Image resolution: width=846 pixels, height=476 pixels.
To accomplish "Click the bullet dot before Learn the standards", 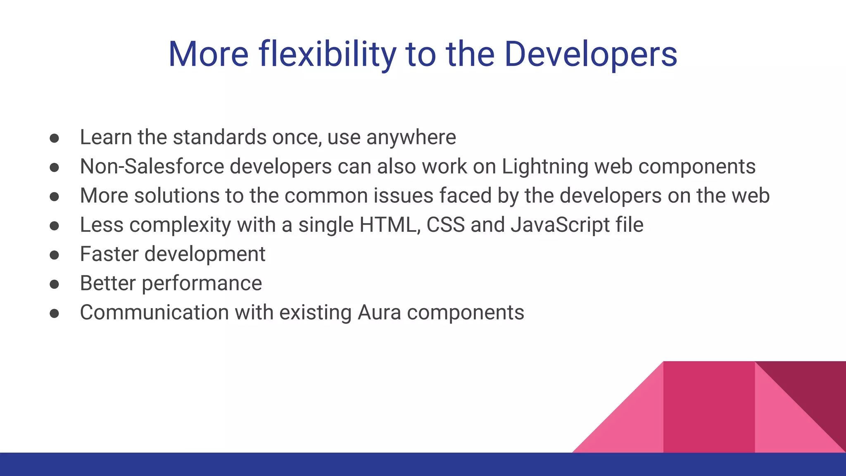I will pyautogui.click(x=54, y=138).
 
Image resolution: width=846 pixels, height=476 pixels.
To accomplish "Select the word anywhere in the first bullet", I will pyautogui.click(x=411, y=138).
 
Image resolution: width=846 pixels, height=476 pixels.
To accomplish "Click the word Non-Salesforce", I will pyautogui.click(x=152, y=167).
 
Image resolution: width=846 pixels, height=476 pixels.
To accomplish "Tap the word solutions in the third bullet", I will pyautogui.click(x=177, y=196).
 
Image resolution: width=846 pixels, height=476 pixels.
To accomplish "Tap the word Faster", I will pyautogui.click(x=109, y=254).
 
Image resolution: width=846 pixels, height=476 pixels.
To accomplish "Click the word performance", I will pyautogui.click(x=202, y=284).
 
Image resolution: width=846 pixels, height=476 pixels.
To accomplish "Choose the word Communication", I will pyautogui.click(x=154, y=312).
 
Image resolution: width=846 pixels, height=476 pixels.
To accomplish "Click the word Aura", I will pyautogui.click(x=379, y=312).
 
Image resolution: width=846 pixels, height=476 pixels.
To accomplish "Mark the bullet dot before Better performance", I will pyautogui.click(x=54, y=284).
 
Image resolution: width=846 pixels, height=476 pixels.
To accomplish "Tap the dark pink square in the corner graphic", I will pyautogui.click(x=709, y=407).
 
